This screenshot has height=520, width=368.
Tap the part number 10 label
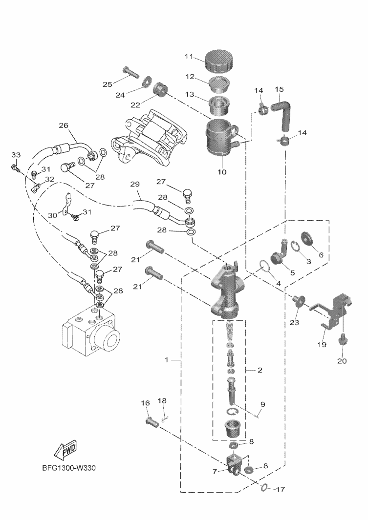(x=221, y=171)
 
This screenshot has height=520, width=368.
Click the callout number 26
(x=63, y=125)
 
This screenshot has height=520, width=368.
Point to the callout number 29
(x=135, y=184)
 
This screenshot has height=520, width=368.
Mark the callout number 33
(x=16, y=155)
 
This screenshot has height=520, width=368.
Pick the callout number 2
(x=260, y=370)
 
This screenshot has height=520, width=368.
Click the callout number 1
(x=166, y=360)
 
